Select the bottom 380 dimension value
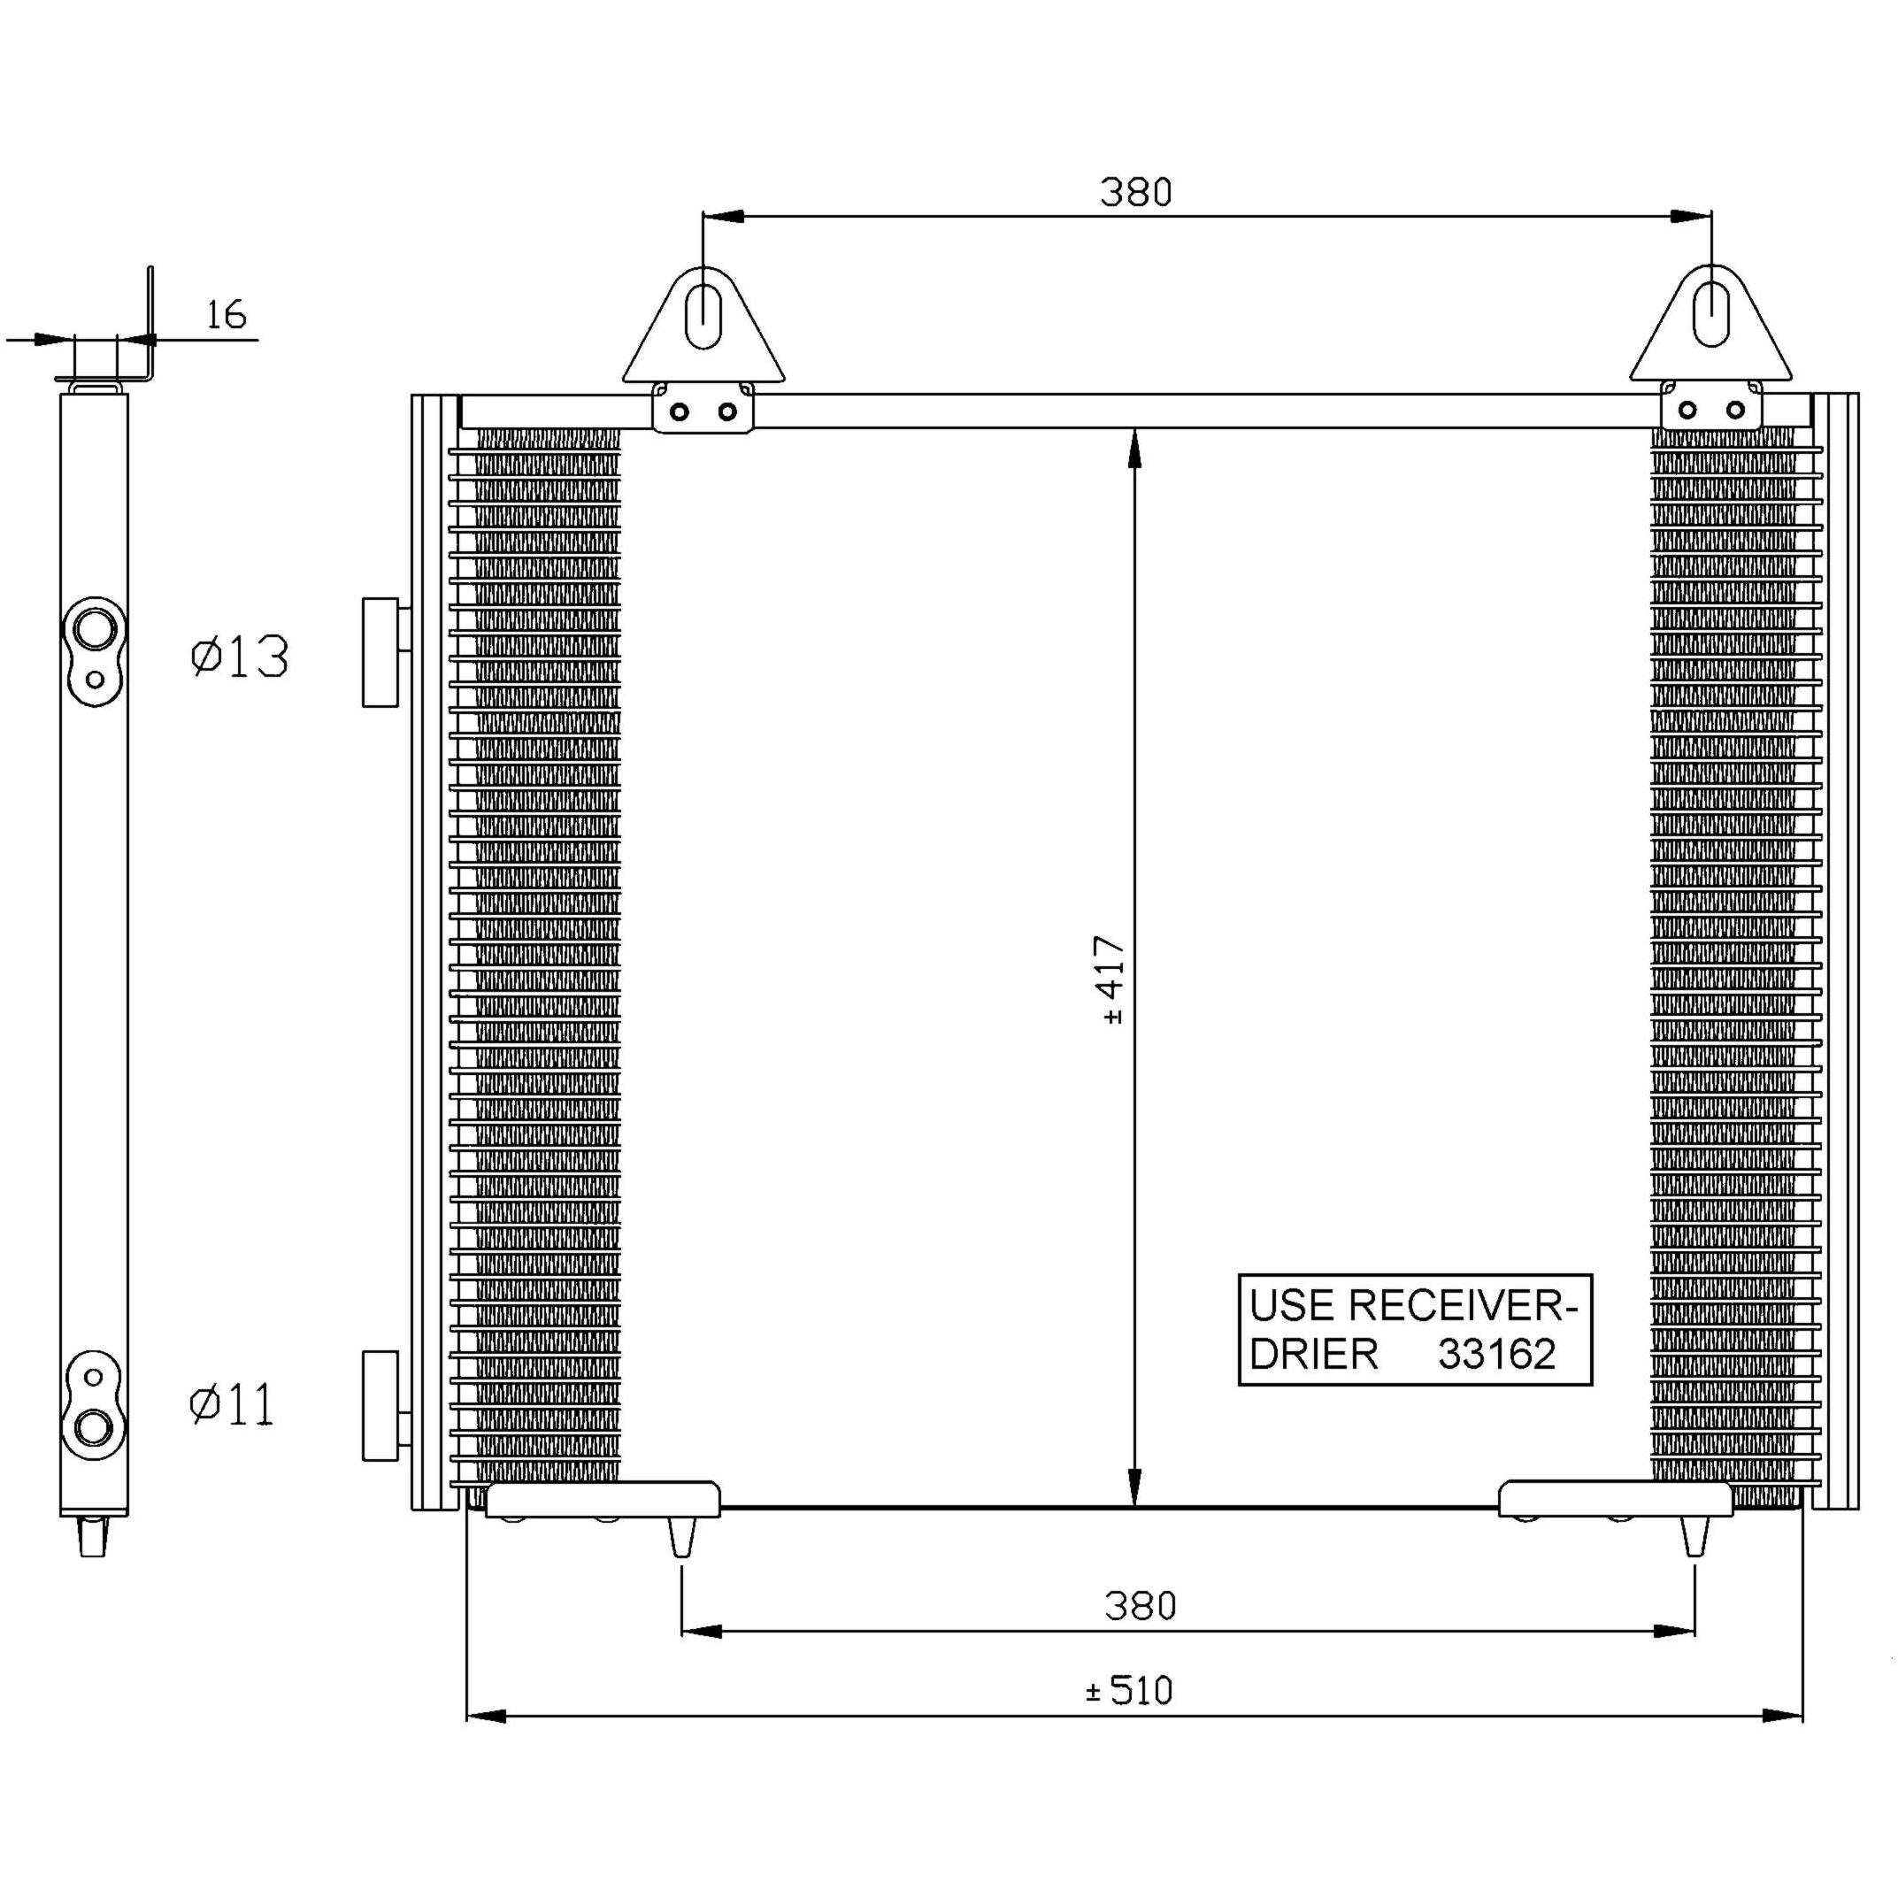click(x=1140, y=1605)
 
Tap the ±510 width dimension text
click(x=1130, y=1690)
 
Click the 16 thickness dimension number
click(x=226, y=314)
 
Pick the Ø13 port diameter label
click(x=240, y=657)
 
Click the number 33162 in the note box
click(x=1497, y=1354)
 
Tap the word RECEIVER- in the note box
click(x=1463, y=1306)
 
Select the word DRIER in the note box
click(x=1313, y=1354)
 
